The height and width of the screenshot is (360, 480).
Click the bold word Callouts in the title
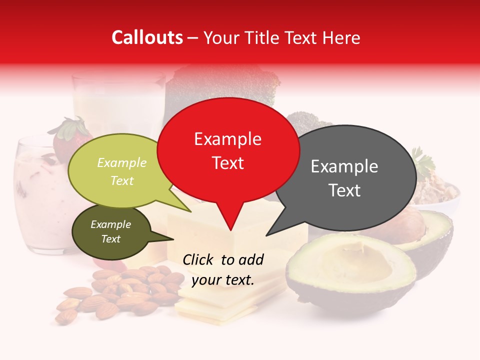(x=147, y=37)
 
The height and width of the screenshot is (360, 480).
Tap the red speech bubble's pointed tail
(x=230, y=222)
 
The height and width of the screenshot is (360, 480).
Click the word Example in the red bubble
(x=227, y=139)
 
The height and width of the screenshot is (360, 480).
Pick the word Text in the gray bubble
(x=345, y=190)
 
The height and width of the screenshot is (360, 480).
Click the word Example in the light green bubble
(x=121, y=163)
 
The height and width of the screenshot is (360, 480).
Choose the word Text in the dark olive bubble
(x=110, y=239)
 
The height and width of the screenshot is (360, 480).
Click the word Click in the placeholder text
(x=199, y=259)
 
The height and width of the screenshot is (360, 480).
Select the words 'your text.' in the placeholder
(x=222, y=280)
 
